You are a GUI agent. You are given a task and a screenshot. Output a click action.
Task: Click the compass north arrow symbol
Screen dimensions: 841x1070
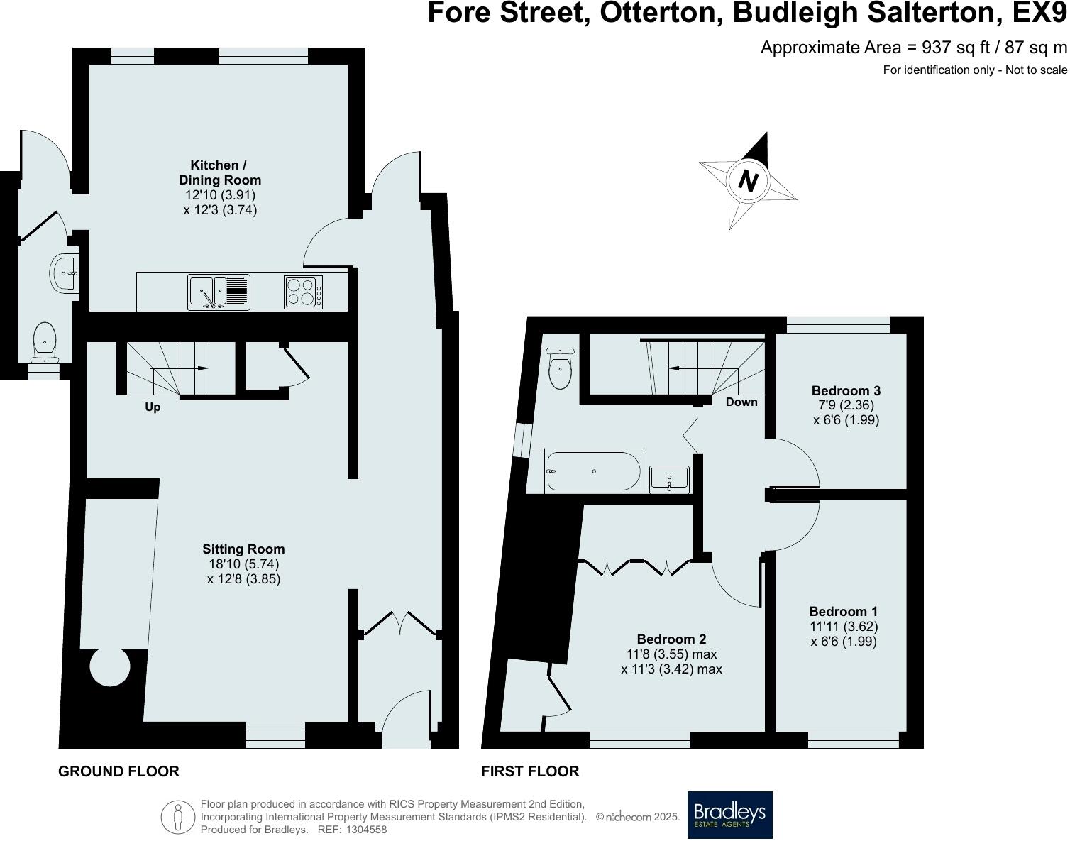pos(748,181)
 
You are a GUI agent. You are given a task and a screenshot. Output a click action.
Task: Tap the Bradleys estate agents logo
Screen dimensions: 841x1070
pos(729,815)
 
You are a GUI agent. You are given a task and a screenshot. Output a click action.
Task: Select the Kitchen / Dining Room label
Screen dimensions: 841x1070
pos(219,172)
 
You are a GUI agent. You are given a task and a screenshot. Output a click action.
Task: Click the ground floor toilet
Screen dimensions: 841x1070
pos(45,341)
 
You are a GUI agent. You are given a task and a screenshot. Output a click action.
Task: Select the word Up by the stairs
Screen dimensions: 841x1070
pos(152,407)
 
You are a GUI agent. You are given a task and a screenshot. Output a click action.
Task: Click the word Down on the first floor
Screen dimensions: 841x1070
pos(741,402)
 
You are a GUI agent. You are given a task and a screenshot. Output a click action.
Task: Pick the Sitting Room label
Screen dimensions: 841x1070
pos(243,549)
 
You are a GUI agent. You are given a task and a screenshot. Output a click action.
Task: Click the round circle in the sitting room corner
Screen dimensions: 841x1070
pos(110,667)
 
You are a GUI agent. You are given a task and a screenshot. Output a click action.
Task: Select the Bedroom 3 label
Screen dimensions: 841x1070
pos(846,390)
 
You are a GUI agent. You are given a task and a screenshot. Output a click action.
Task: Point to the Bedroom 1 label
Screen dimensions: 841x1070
pos(843,611)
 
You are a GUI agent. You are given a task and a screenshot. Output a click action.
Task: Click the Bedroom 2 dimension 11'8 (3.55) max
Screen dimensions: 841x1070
pos(671,654)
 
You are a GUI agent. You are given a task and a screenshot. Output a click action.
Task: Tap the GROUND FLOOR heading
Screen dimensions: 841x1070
pos(118,771)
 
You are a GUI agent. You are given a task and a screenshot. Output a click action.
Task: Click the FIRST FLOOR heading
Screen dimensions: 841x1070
pos(529,771)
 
